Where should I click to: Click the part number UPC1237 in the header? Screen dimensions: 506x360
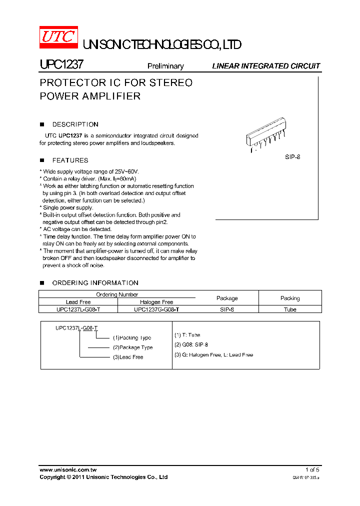(x=61, y=64)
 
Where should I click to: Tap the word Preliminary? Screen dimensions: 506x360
(x=165, y=66)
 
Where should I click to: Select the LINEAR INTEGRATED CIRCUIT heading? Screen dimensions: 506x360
(x=266, y=66)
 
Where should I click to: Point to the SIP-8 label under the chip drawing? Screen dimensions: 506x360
(x=292, y=157)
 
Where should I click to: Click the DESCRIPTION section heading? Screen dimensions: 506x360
(x=75, y=124)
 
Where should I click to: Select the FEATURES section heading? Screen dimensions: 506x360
(x=70, y=160)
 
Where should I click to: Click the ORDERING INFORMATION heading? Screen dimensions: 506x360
(x=95, y=283)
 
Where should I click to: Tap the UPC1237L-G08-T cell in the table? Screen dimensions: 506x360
(x=78, y=309)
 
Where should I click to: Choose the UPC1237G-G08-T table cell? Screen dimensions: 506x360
(x=156, y=309)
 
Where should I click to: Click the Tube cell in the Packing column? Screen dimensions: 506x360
(x=290, y=309)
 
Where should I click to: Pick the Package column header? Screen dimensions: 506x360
(x=227, y=298)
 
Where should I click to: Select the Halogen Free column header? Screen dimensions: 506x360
(x=156, y=302)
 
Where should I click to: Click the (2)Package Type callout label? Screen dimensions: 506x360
(x=132, y=347)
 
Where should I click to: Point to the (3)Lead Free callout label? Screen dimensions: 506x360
(x=128, y=357)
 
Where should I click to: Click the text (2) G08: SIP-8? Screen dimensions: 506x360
(x=191, y=345)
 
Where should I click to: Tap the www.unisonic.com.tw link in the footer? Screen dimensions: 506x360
(x=68, y=469)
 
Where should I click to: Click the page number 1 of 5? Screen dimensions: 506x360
(x=312, y=469)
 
